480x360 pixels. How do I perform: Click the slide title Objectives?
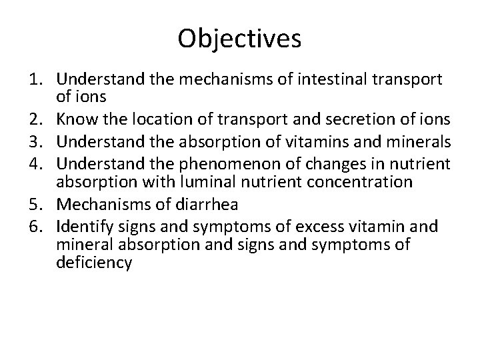[239, 39]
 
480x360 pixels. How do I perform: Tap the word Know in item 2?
[75, 120]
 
